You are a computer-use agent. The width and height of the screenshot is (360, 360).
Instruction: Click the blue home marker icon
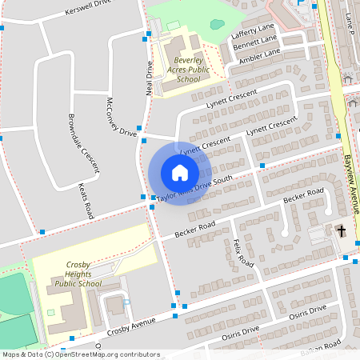coord(179,172)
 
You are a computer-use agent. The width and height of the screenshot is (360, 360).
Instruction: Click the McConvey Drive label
coord(122,118)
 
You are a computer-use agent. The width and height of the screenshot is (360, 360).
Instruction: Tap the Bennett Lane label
coord(254,42)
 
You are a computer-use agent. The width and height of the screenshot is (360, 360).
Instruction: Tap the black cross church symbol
coord(341,231)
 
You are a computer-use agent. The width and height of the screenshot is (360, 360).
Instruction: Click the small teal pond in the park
coord(217,24)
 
